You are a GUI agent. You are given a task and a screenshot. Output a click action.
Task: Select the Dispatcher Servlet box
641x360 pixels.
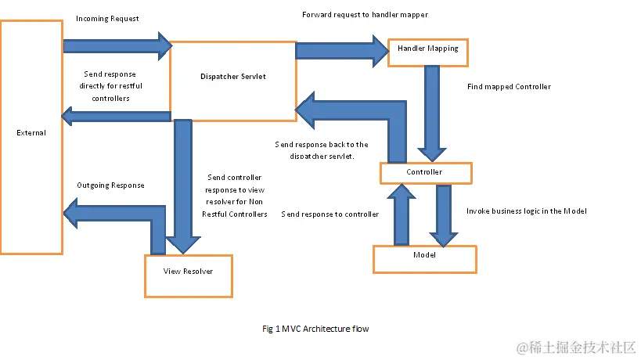(x=232, y=77)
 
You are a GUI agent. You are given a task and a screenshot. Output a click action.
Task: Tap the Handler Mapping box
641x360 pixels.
(x=427, y=49)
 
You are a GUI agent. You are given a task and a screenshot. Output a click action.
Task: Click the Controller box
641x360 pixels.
(x=425, y=172)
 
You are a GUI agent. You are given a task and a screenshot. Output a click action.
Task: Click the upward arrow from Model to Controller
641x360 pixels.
(x=402, y=214)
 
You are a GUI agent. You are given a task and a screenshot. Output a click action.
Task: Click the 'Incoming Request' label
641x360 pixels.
(x=107, y=18)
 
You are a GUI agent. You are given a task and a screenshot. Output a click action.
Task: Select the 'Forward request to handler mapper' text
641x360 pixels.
(x=365, y=15)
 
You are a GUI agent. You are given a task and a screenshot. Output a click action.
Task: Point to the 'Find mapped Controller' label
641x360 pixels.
(x=509, y=87)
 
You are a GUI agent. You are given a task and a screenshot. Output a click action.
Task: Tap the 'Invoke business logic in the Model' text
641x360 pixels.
(x=526, y=211)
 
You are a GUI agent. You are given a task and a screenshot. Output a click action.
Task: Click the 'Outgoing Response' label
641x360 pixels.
(x=110, y=185)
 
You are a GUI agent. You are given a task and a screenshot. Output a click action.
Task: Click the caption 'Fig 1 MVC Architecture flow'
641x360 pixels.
(x=315, y=329)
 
